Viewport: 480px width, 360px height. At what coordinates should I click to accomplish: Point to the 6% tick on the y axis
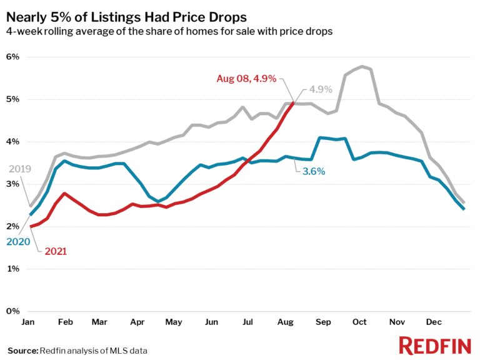point(14,57)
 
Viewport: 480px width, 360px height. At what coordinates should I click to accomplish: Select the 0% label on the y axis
point(14,311)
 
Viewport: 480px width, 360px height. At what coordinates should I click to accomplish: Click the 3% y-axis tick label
point(14,184)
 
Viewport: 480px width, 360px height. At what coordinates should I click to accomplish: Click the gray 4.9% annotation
point(321,89)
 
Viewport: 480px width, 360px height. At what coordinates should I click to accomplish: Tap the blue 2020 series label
point(19,241)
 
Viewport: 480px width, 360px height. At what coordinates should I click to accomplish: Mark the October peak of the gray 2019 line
point(362,66)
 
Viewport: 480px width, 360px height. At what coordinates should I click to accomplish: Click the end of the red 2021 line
point(292,104)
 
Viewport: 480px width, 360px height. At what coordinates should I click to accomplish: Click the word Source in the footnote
point(22,351)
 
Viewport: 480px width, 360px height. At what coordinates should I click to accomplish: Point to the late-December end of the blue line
point(463,209)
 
